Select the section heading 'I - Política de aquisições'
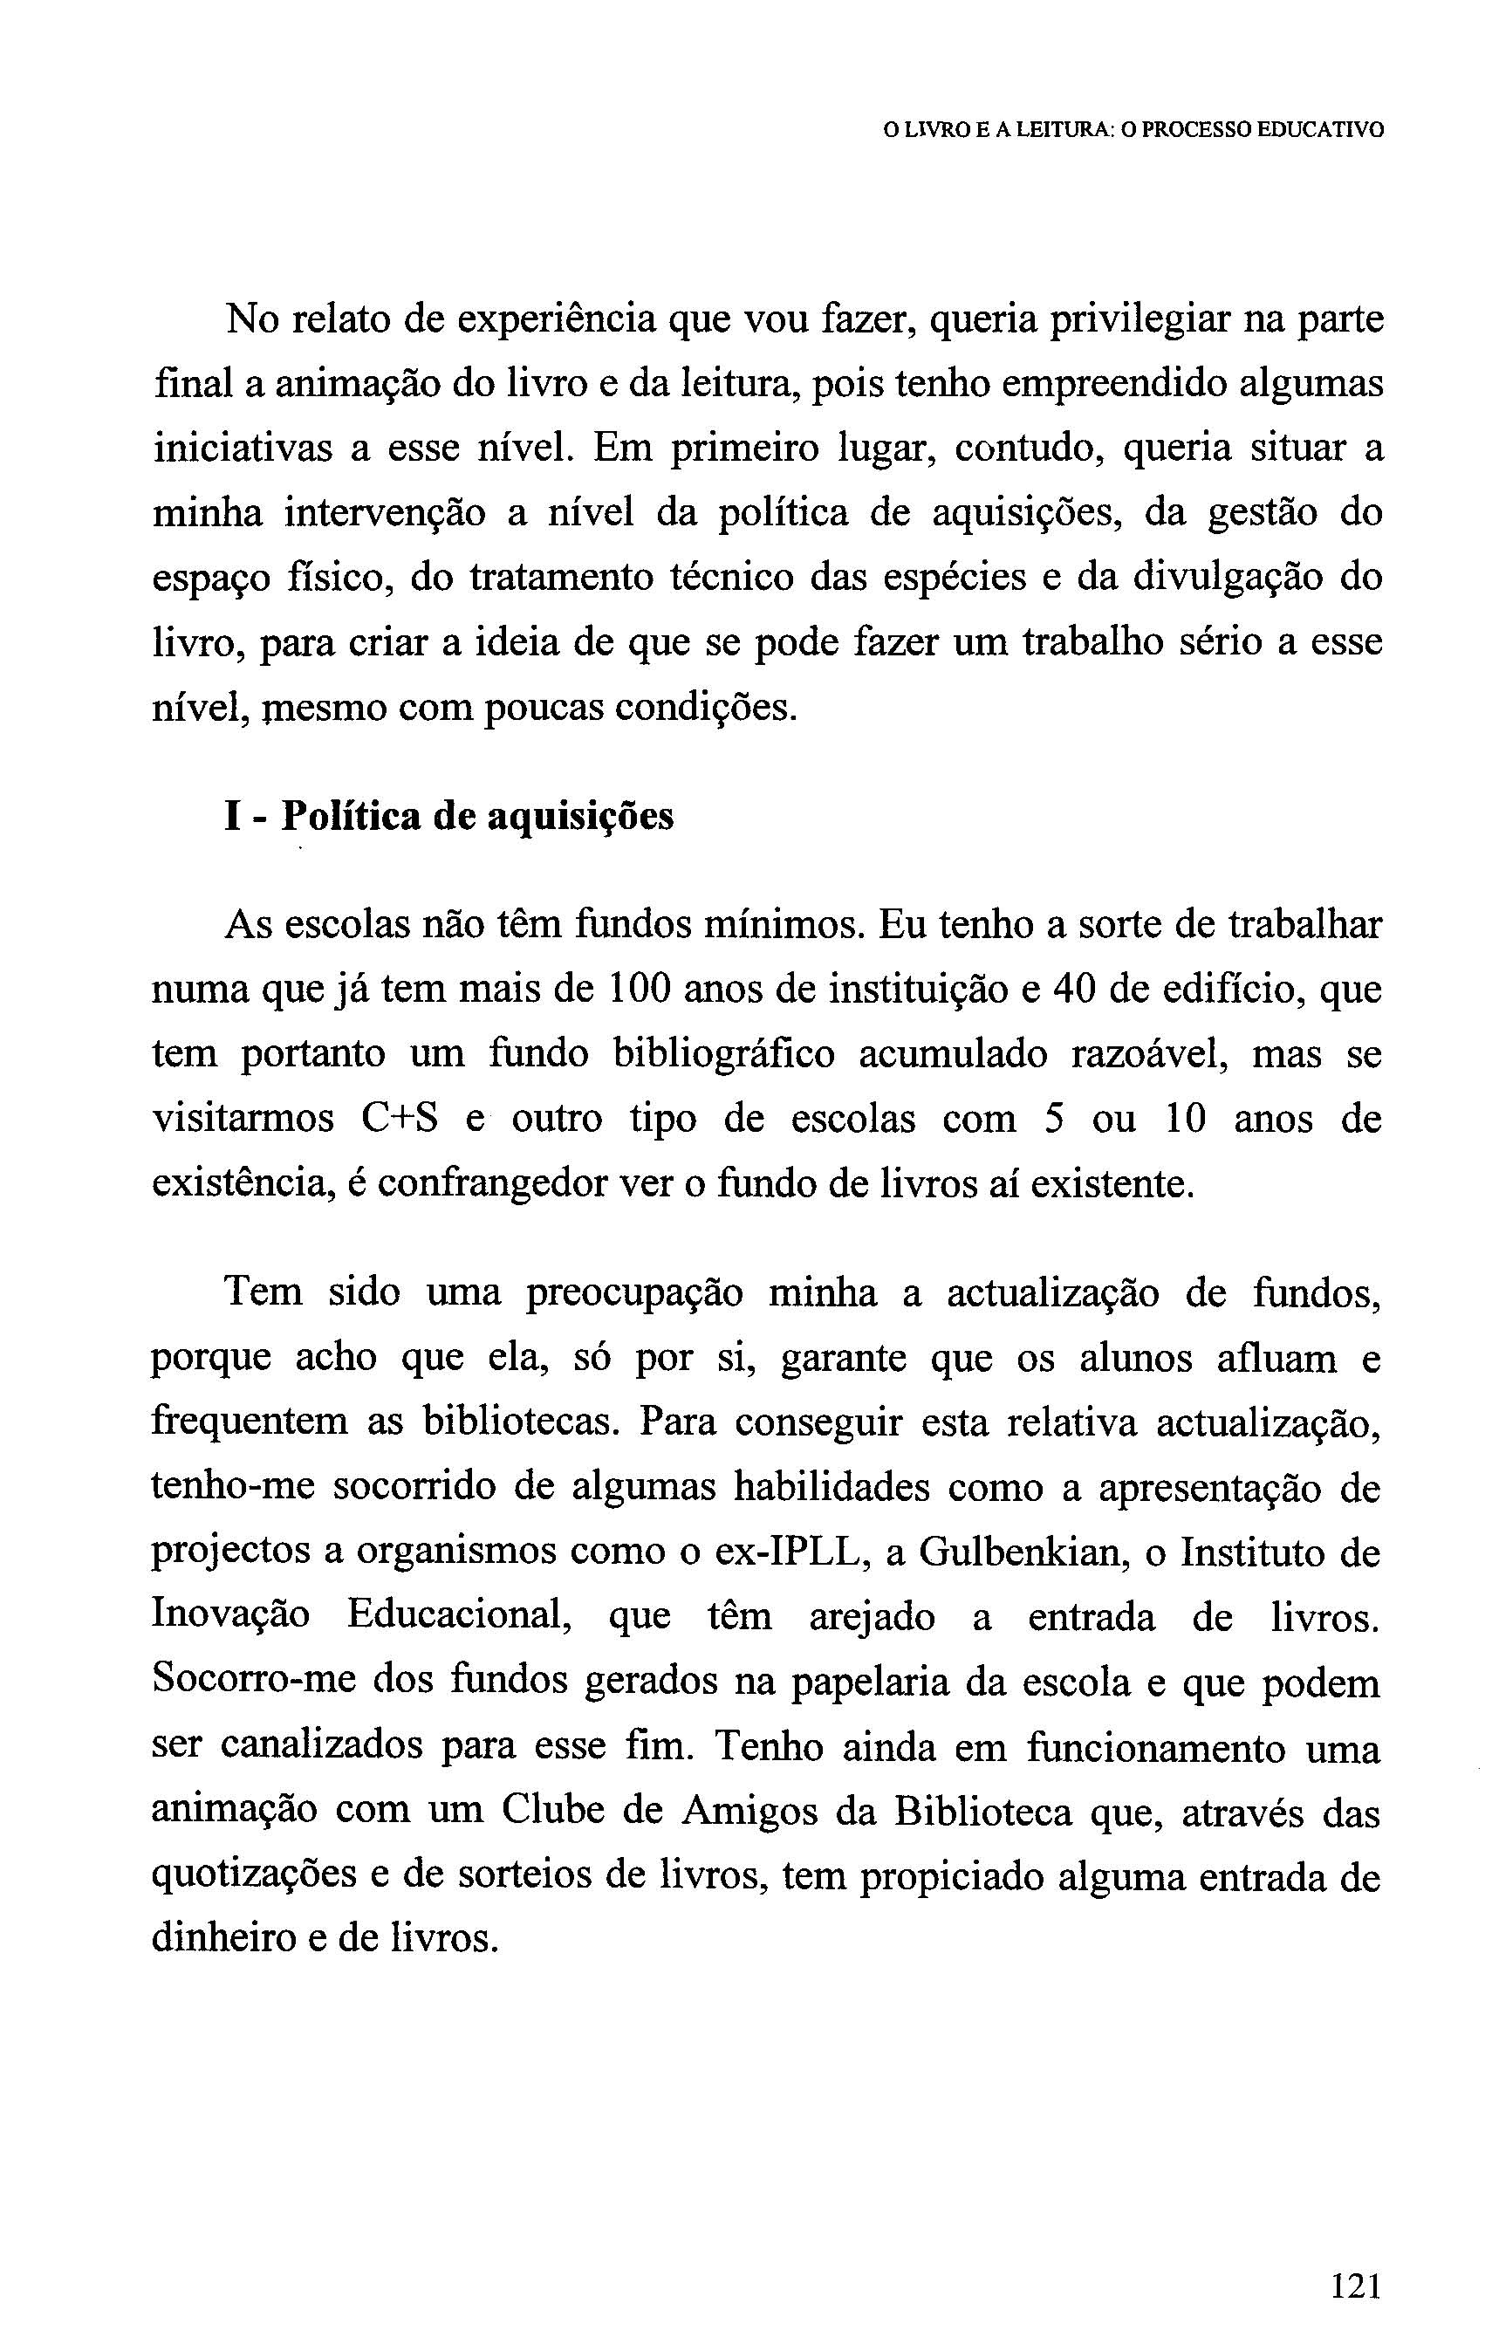(448, 817)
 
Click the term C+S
(399, 1119)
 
